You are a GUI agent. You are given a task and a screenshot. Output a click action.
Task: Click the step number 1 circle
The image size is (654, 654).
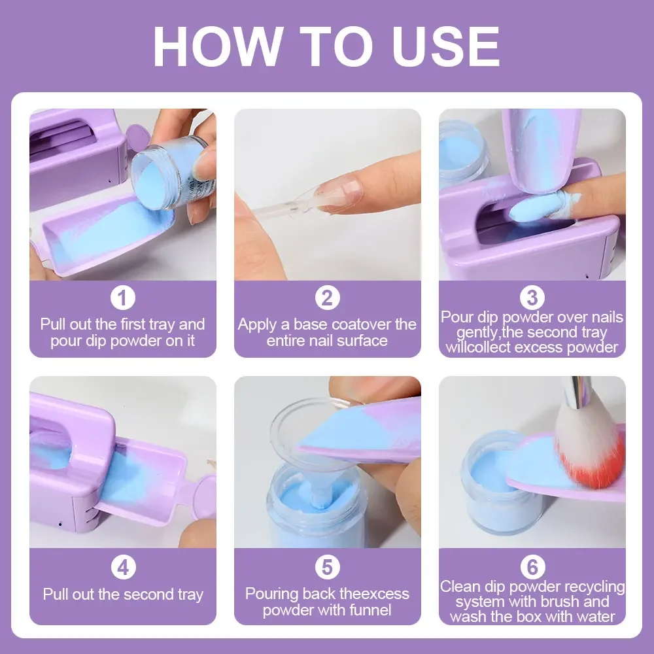(x=122, y=298)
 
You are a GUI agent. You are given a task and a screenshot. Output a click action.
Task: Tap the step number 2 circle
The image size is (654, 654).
(x=327, y=298)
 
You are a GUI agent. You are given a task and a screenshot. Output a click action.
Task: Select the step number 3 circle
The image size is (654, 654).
(x=532, y=298)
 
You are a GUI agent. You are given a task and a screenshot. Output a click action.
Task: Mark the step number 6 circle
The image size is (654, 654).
(x=532, y=566)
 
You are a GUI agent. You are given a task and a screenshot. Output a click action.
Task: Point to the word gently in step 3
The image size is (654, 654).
(x=466, y=332)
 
